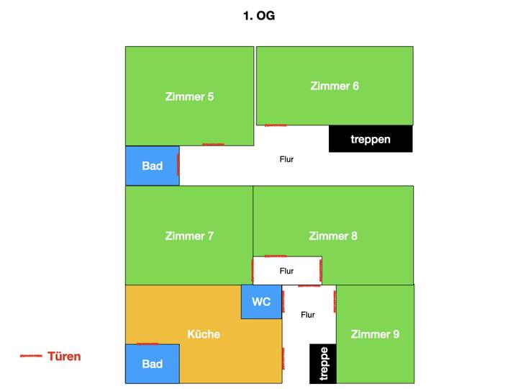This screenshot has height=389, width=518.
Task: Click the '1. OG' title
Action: (x=259, y=16)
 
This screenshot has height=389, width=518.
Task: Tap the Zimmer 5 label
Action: (x=189, y=97)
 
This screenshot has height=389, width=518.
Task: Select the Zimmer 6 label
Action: (x=335, y=86)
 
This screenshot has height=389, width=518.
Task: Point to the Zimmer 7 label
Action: (x=189, y=236)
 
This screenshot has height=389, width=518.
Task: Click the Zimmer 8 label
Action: (x=333, y=236)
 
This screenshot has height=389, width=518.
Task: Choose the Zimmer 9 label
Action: (x=375, y=334)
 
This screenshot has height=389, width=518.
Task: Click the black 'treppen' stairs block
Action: (x=371, y=138)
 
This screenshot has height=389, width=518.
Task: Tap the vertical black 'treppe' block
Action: (x=323, y=364)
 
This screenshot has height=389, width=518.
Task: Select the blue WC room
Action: (x=261, y=302)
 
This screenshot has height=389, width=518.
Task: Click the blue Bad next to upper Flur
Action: (x=153, y=166)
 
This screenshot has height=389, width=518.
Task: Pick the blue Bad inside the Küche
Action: (x=153, y=364)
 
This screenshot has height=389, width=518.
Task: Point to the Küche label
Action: (x=204, y=334)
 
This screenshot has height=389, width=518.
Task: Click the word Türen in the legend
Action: (x=64, y=357)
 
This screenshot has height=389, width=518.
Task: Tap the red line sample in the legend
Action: (x=31, y=356)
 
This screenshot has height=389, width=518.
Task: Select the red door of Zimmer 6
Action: (x=276, y=125)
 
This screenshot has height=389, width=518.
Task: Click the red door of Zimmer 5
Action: (x=213, y=145)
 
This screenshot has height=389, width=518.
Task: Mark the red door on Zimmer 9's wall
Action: (x=335, y=301)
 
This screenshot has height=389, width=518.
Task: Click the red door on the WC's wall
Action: (x=283, y=301)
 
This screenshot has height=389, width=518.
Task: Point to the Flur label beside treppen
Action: (x=286, y=159)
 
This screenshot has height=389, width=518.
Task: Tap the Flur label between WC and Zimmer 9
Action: (x=308, y=315)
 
